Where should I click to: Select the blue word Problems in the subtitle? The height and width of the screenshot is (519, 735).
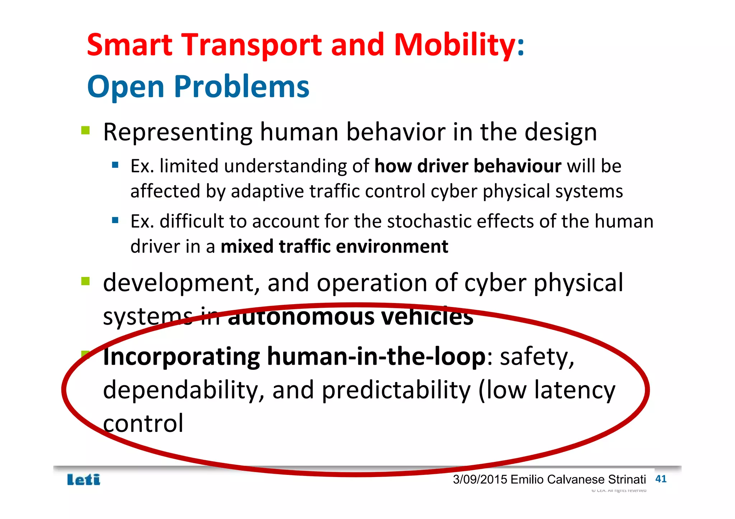tap(242, 87)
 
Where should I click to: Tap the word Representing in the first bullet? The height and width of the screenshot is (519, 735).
tap(178, 132)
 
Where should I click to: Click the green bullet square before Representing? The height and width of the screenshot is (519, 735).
tap(85, 130)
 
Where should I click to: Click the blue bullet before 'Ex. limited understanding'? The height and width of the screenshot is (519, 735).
tap(115, 165)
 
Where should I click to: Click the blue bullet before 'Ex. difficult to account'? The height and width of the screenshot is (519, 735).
tap(115, 220)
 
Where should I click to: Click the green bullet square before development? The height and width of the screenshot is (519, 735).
tap(85, 281)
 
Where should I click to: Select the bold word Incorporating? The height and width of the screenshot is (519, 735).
tap(181, 357)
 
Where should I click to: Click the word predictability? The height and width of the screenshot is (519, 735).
tap(396, 391)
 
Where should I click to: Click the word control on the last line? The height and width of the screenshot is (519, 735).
tap(143, 424)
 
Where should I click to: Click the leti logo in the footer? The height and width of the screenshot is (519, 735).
tap(84, 480)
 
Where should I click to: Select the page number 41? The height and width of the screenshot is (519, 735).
tap(661, 479)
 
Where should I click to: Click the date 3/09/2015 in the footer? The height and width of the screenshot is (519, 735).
tap(480, 480)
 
